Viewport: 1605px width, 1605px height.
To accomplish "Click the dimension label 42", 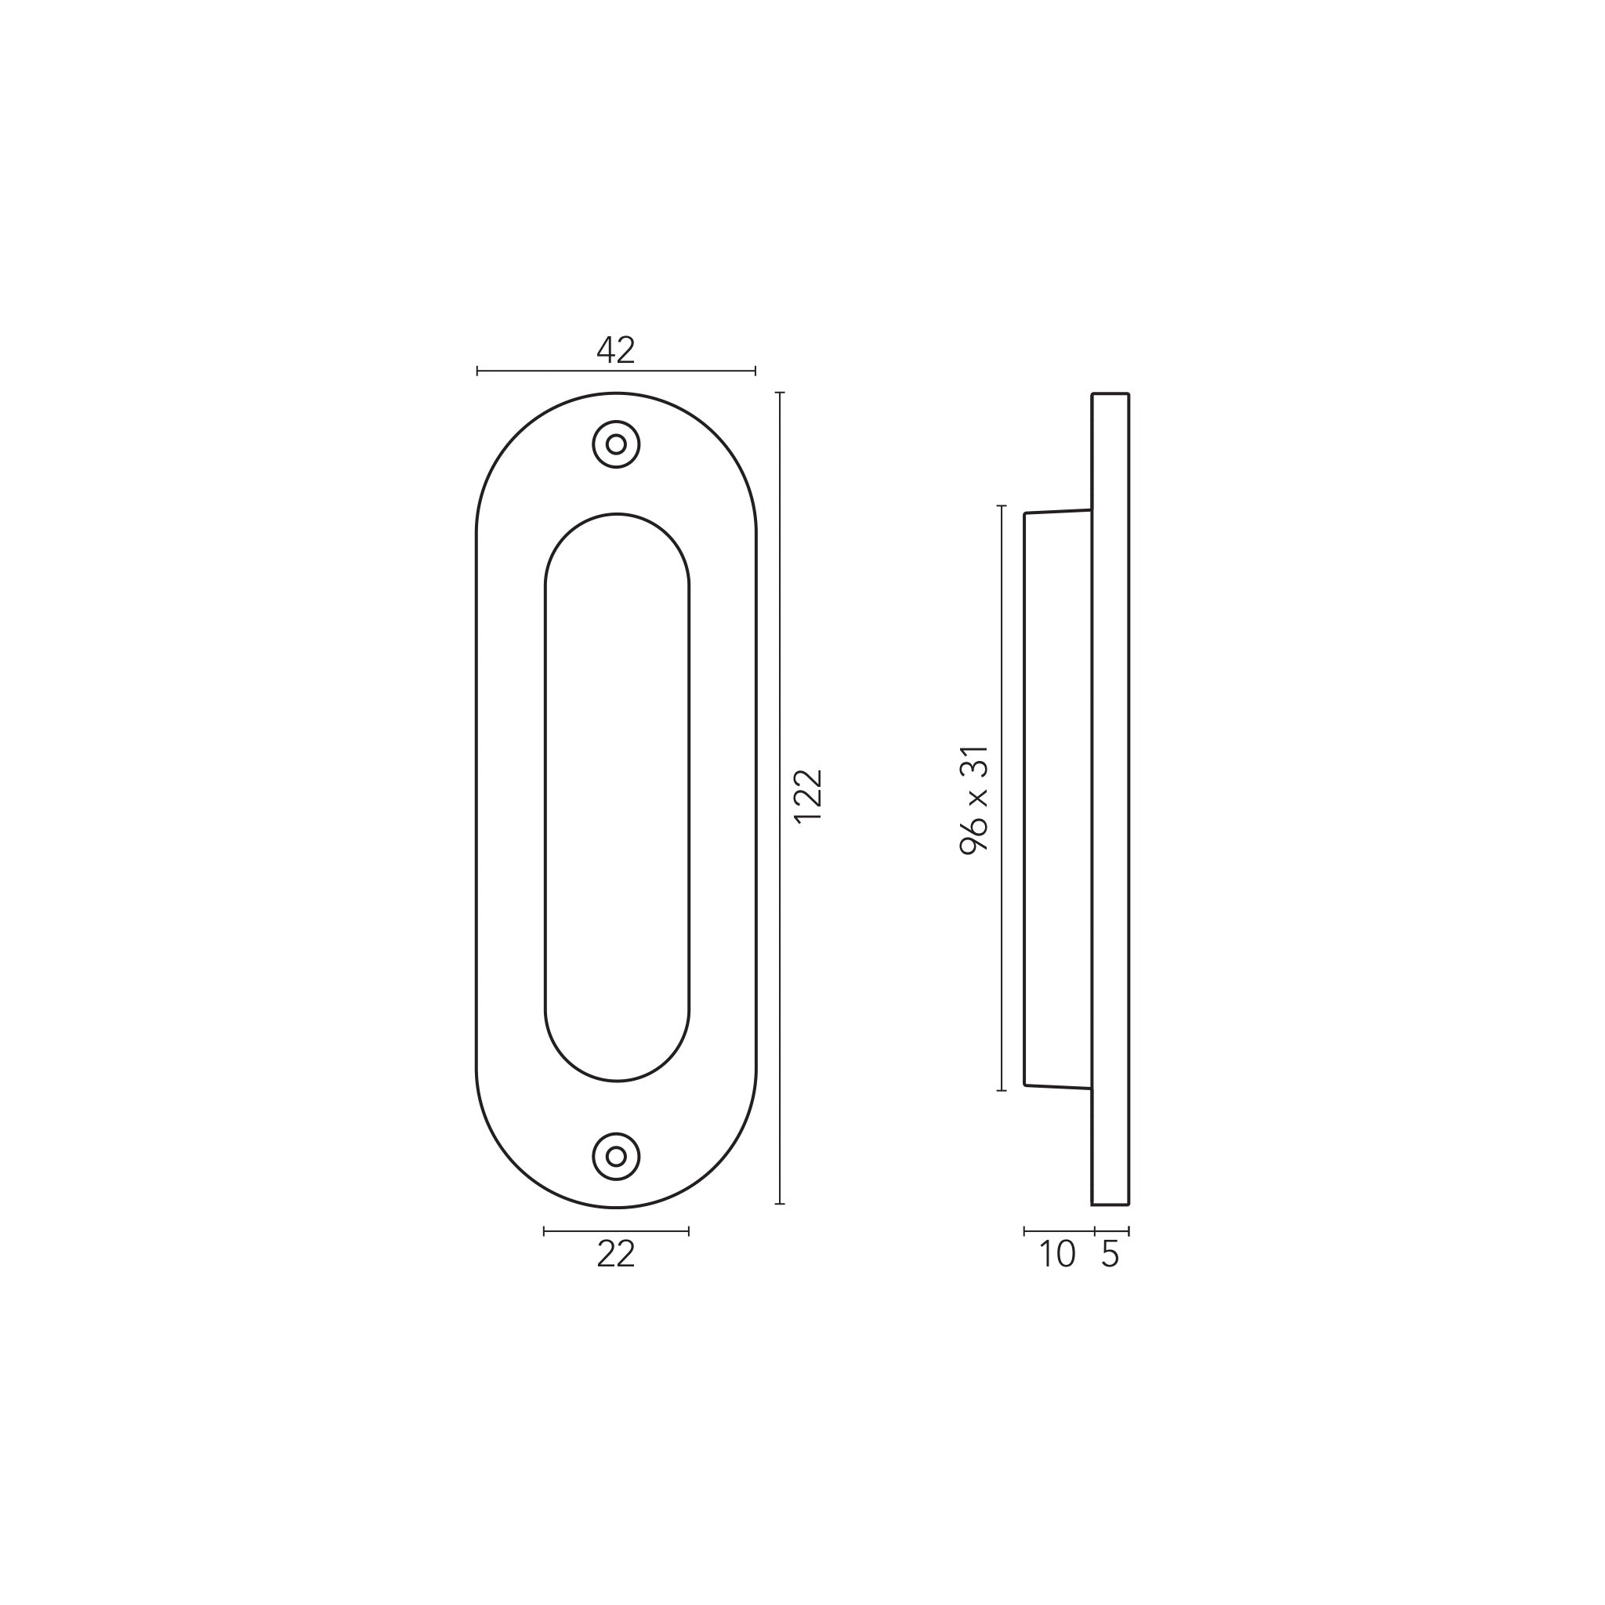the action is (x=615, y=350).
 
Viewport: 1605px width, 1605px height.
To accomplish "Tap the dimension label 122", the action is (x=807, y=796).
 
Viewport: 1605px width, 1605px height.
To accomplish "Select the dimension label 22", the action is (x=615, y=1255).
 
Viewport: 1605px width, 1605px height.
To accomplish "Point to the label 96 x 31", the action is (x=974, y=800).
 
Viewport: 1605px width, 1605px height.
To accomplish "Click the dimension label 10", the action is (x=1056, y=1255).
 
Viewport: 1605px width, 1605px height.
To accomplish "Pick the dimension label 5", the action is (x=1110, y=1255).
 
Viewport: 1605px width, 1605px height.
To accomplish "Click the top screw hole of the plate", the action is (x=615, y=444).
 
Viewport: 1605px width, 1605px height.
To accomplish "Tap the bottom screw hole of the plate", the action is (x=615, y=1157).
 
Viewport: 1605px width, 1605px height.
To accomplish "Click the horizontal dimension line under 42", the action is (x=615, y=371).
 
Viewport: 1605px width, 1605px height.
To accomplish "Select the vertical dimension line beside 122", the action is (x=779, y=798).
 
